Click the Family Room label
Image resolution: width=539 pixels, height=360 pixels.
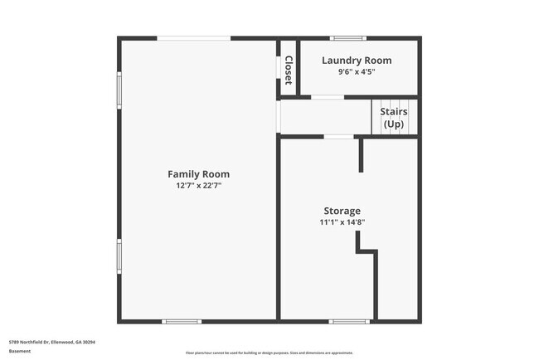pyautogui.click(x=198, y=174)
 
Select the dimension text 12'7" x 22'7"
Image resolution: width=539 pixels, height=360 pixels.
pyautogui.click(x=198, y=186)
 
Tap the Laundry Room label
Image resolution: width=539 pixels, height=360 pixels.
pyautogui.click(x=357, y=61)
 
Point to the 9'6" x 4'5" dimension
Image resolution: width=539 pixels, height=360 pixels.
pyautogui.click(x=357, y=72)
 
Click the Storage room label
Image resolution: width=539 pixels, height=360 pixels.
pyautogui.click(x=342, y=211)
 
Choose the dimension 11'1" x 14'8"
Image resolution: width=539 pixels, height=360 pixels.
pyautogui.click(x=342, y=222)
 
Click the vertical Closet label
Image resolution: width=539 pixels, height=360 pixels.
pyautogui.click(x=288, y=70)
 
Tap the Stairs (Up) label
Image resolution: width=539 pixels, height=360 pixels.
pyautogui.click(x=393, y=118)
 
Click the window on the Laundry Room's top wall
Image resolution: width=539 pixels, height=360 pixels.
pyautogui.click(x=348, y=38)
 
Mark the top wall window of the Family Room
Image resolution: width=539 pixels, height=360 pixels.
pyautogui.click(x=194, y=38)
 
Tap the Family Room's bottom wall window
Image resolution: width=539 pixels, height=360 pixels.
pyautogui.click(x=182, y=321)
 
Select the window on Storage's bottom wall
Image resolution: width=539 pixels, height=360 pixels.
pyautogui.click(x=349, y=321)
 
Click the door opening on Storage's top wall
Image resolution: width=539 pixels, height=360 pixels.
pyautogui.click(x=337, y=137)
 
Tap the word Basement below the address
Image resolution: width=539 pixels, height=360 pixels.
pyautogui.click(x=20, y=351)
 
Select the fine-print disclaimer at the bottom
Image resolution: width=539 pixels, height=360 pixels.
pyautogui.click(x=269, y=353)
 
